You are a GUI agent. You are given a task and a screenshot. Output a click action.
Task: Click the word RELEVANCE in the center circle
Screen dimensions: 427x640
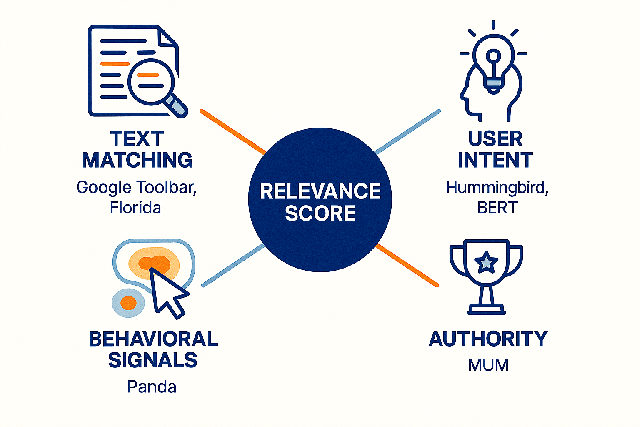(320, 191)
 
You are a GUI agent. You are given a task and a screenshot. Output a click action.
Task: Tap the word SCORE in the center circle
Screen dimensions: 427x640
(320, 213)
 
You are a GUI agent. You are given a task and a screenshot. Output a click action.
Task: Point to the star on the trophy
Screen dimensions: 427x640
(486, 263)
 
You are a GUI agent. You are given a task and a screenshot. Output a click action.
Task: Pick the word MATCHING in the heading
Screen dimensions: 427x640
(137, 160)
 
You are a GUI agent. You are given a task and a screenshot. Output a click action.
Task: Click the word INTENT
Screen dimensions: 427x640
(495, 160)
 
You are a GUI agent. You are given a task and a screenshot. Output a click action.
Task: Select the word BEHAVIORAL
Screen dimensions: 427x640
(153, 339)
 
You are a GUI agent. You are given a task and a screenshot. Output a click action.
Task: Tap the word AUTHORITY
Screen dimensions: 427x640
(488, 339)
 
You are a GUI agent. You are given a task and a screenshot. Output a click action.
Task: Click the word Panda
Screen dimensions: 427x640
(152, 387)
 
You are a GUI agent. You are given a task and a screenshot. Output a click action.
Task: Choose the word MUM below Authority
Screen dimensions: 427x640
(488, 365)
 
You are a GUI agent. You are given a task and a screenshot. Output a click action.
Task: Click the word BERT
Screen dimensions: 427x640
(497, 208)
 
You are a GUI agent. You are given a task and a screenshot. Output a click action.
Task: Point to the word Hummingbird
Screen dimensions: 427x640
(497, 188)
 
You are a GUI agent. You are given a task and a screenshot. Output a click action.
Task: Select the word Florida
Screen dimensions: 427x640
(135, 208)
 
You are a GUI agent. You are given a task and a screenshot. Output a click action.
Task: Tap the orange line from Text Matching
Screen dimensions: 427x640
(232, 132)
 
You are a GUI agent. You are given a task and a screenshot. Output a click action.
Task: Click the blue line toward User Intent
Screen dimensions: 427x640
(407, 132)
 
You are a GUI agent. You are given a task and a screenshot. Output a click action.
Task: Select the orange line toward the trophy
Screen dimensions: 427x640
(407, 265)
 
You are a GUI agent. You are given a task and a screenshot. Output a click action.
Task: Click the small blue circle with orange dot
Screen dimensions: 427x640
(128, 303)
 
